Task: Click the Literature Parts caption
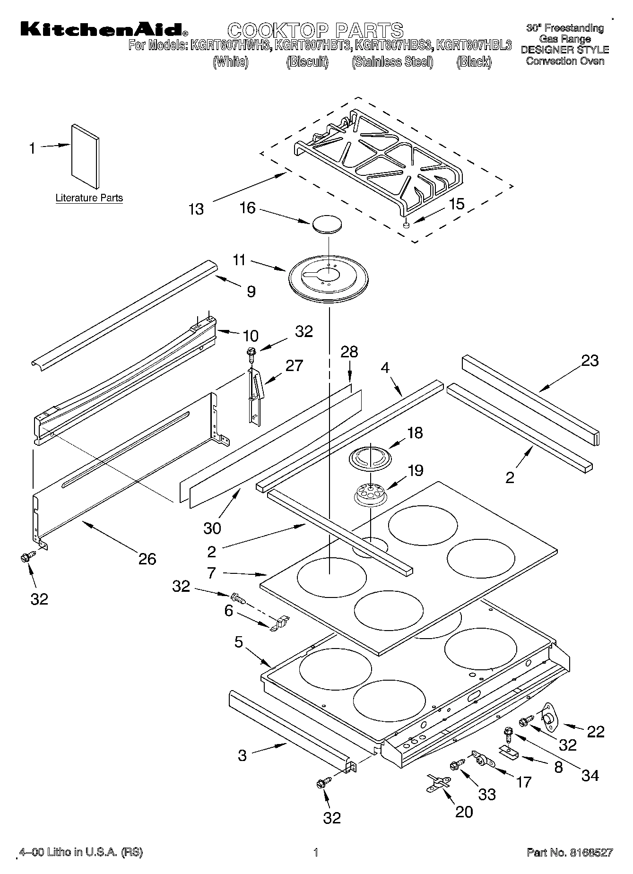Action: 89,198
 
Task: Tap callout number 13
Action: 196,209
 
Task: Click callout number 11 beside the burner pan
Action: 239,260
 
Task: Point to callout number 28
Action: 349,352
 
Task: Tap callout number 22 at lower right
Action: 595,731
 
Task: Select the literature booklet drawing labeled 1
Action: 86,156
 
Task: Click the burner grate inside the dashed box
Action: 378,158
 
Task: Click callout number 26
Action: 147,559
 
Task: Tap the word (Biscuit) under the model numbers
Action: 307,62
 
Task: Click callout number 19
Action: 415,470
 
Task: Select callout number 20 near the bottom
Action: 464,812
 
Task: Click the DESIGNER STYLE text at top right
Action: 564,50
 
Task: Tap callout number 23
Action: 590,361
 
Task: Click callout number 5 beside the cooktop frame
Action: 238,642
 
